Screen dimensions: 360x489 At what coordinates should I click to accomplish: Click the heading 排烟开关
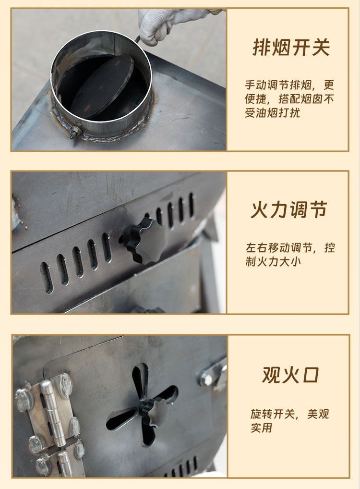point(291,48)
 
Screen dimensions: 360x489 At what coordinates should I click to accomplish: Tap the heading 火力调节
point(289,209)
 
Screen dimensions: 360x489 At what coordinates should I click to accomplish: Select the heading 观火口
point(291,375)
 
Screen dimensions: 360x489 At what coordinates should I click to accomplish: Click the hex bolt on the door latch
point(206,380)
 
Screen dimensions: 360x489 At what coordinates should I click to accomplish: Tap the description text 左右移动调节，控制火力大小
point(290,255)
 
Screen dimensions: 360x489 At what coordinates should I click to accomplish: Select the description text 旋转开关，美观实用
point(289,421)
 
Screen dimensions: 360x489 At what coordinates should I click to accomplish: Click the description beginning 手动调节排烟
point(289,99)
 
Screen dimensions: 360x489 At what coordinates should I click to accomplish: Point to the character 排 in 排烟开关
point(262,48)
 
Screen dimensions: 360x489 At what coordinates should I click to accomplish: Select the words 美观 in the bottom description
point(318,414)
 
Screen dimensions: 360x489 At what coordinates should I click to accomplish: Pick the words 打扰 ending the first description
point(289,113)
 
